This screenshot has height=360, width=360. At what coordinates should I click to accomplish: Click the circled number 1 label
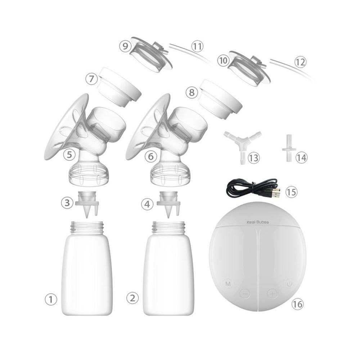[x=51, y=299]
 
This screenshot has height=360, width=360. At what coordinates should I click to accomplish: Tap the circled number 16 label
[x=297, y=304]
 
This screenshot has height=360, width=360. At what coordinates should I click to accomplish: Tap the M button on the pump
[x=228, y=284]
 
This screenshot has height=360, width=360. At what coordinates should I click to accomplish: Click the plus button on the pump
[x=273, y=293]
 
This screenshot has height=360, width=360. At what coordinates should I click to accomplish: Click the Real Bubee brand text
[x=258, y=222]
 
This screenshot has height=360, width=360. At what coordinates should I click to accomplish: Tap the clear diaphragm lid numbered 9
[x=150, y=54]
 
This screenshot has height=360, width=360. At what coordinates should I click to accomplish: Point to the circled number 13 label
[x=254, y=157]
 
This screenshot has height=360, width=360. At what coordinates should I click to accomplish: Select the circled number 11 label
[x=197, y=46]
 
